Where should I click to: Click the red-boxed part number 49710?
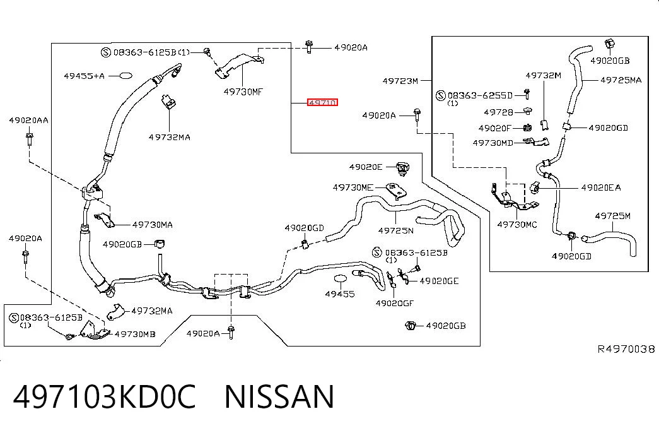click(x=322, y=102)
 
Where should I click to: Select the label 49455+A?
click(x=84, y=76)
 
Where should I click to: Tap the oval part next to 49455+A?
click(x=125, y=76)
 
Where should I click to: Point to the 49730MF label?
click(x=243, y=92)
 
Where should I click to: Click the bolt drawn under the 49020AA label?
click(x=30, y=139)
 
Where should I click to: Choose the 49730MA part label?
click(x=152, y=225)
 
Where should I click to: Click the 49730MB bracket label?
click(x=135, y=334)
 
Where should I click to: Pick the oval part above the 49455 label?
click(x=341, y=279)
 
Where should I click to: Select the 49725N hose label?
click(x=395, y=230)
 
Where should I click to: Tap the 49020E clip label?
click(x=366, y=167)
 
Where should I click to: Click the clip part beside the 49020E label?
click(x=403, y=169)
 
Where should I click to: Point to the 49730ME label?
click(x=353, y=187)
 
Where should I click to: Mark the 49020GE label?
click(x=439, y=281)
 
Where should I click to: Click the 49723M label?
click(x=400, y=81)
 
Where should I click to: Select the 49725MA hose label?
click(x=621, y=80)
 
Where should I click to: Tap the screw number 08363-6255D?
click(x=480, y=95)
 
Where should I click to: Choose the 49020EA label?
click(x=600, y=187)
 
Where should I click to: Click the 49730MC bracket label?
click(x=517, y=225)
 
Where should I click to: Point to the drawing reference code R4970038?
click(x=626, y=349)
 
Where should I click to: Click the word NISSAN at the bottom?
click(x=279, y=396)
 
